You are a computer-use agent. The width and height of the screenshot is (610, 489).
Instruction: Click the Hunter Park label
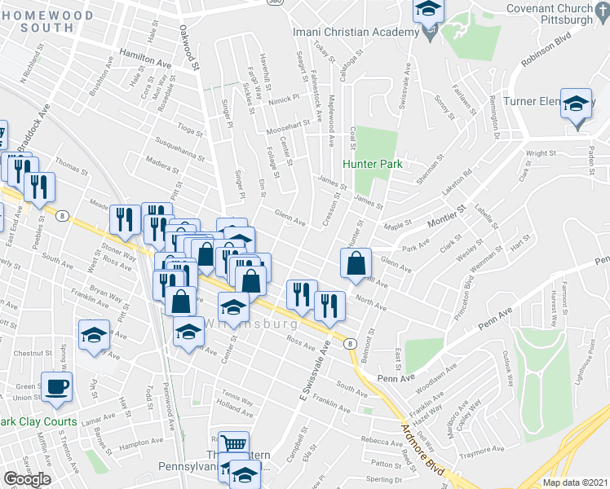pos(373,164)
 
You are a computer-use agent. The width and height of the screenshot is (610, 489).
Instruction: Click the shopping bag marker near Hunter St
pos(356,264)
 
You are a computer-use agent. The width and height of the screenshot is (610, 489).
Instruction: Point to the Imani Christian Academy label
pos(355,31)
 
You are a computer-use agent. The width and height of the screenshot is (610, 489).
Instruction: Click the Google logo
pos(27,479)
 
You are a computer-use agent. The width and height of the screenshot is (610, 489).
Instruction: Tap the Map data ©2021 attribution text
pos(575,482)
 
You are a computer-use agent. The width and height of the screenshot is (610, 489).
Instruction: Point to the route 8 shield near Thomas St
pos(62,216)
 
